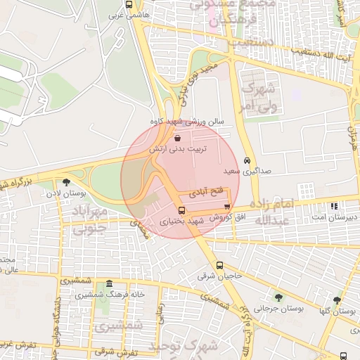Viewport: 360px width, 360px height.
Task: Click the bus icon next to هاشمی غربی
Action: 127,3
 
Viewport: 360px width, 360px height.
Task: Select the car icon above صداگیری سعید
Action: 246,160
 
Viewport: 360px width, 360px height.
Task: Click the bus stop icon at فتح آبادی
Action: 226,206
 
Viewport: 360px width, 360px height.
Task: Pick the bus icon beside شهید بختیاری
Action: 182,210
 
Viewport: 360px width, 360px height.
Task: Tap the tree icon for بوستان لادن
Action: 67,182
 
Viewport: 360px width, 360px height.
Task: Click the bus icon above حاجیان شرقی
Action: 220,265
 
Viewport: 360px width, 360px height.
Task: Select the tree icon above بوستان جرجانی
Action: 278,297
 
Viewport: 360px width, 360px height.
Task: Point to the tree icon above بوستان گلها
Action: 337,300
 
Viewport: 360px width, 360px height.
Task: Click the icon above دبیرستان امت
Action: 334,206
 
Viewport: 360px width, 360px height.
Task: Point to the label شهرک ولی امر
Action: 256,96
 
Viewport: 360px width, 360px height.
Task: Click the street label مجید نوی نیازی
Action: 191,77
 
